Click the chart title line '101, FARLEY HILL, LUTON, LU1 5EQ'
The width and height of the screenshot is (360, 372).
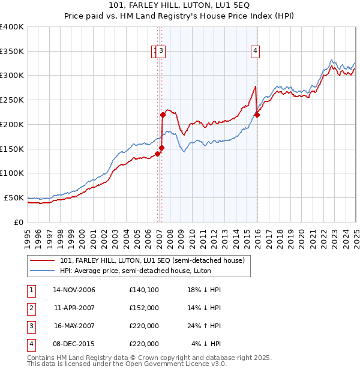[x=181, y=6]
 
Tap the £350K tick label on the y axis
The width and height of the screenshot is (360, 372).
[x=12, y=52]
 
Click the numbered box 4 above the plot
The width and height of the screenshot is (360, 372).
[x=256, y=52]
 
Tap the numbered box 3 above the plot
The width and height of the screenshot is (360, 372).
[x=162, y=52]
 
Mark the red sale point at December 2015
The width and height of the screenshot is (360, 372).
[x=257, y=115]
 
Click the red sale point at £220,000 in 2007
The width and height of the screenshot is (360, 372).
[x=163, y=115]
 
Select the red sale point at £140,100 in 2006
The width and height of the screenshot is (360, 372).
[x=157, y=154]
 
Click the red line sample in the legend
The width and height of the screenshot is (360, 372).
[x=43, y=261]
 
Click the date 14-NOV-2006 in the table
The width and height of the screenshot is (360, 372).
[x=74, y=290]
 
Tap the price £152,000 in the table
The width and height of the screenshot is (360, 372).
[x=144, y=308]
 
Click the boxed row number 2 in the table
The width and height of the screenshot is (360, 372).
[x=31, y=308]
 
